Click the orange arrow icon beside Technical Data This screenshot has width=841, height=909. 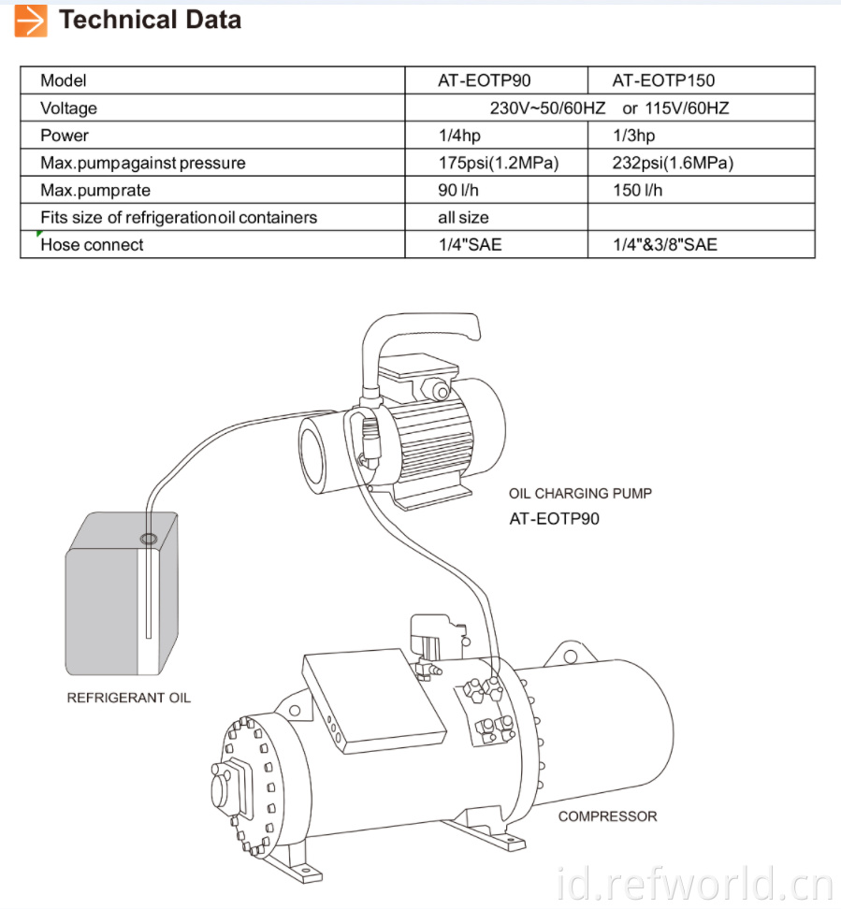[x=31, y=21]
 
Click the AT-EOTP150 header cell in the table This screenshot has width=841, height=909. [x=663, y=80]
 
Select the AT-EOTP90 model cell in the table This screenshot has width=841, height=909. [x=485, y=80]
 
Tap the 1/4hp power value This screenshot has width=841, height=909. [x=459, y=136]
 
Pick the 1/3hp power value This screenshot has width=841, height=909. [x=634, y=136]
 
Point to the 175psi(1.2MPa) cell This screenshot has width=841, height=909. [x=499, y=163]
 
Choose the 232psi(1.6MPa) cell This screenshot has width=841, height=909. [x=673, y=163]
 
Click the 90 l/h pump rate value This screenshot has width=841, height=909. [x=458, y=190]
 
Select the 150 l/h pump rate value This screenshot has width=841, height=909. [x=637, y=190]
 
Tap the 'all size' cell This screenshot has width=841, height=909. [x=463, y=217]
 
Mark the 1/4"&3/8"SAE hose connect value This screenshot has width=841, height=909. [x=665, y=245]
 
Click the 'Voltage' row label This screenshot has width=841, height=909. [x=68, y=108]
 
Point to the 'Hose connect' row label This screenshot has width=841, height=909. [x=92, y=245]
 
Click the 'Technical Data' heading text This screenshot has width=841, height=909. [x=151, y=20]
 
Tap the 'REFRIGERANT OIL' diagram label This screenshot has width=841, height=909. [x=129, y=698]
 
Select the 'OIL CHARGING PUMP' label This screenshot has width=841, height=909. [x=580, y=494]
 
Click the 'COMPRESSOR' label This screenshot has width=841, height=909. [x=607, y=816]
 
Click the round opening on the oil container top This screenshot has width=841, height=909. [x=149, y=540]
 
